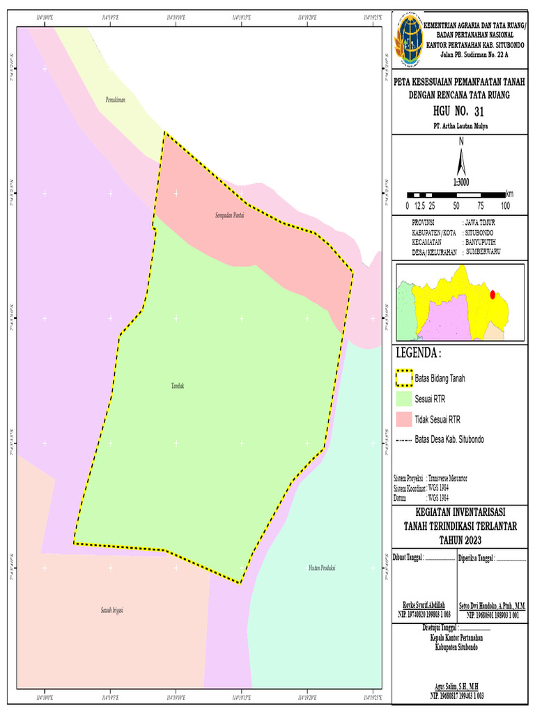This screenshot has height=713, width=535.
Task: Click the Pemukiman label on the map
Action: tap(114, 101)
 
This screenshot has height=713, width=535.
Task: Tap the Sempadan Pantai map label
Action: tap(229, 215)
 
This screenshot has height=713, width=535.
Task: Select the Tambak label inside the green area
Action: tap(178, 385)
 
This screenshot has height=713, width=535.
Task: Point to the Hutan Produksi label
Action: tap(322, 568)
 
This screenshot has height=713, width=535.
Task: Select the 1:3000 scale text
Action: tap(461, 182)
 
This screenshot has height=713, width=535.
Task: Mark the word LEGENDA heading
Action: tap(418, 353)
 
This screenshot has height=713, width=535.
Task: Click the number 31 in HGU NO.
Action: tap(478, 111)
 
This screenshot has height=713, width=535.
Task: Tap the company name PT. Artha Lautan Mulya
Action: tap(460, 126)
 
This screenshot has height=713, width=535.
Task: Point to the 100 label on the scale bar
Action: tap(504, 206)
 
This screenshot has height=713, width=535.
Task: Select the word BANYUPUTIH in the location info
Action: tap(485, 242)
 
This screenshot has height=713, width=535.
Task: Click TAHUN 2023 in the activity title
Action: tap(460, 540)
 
